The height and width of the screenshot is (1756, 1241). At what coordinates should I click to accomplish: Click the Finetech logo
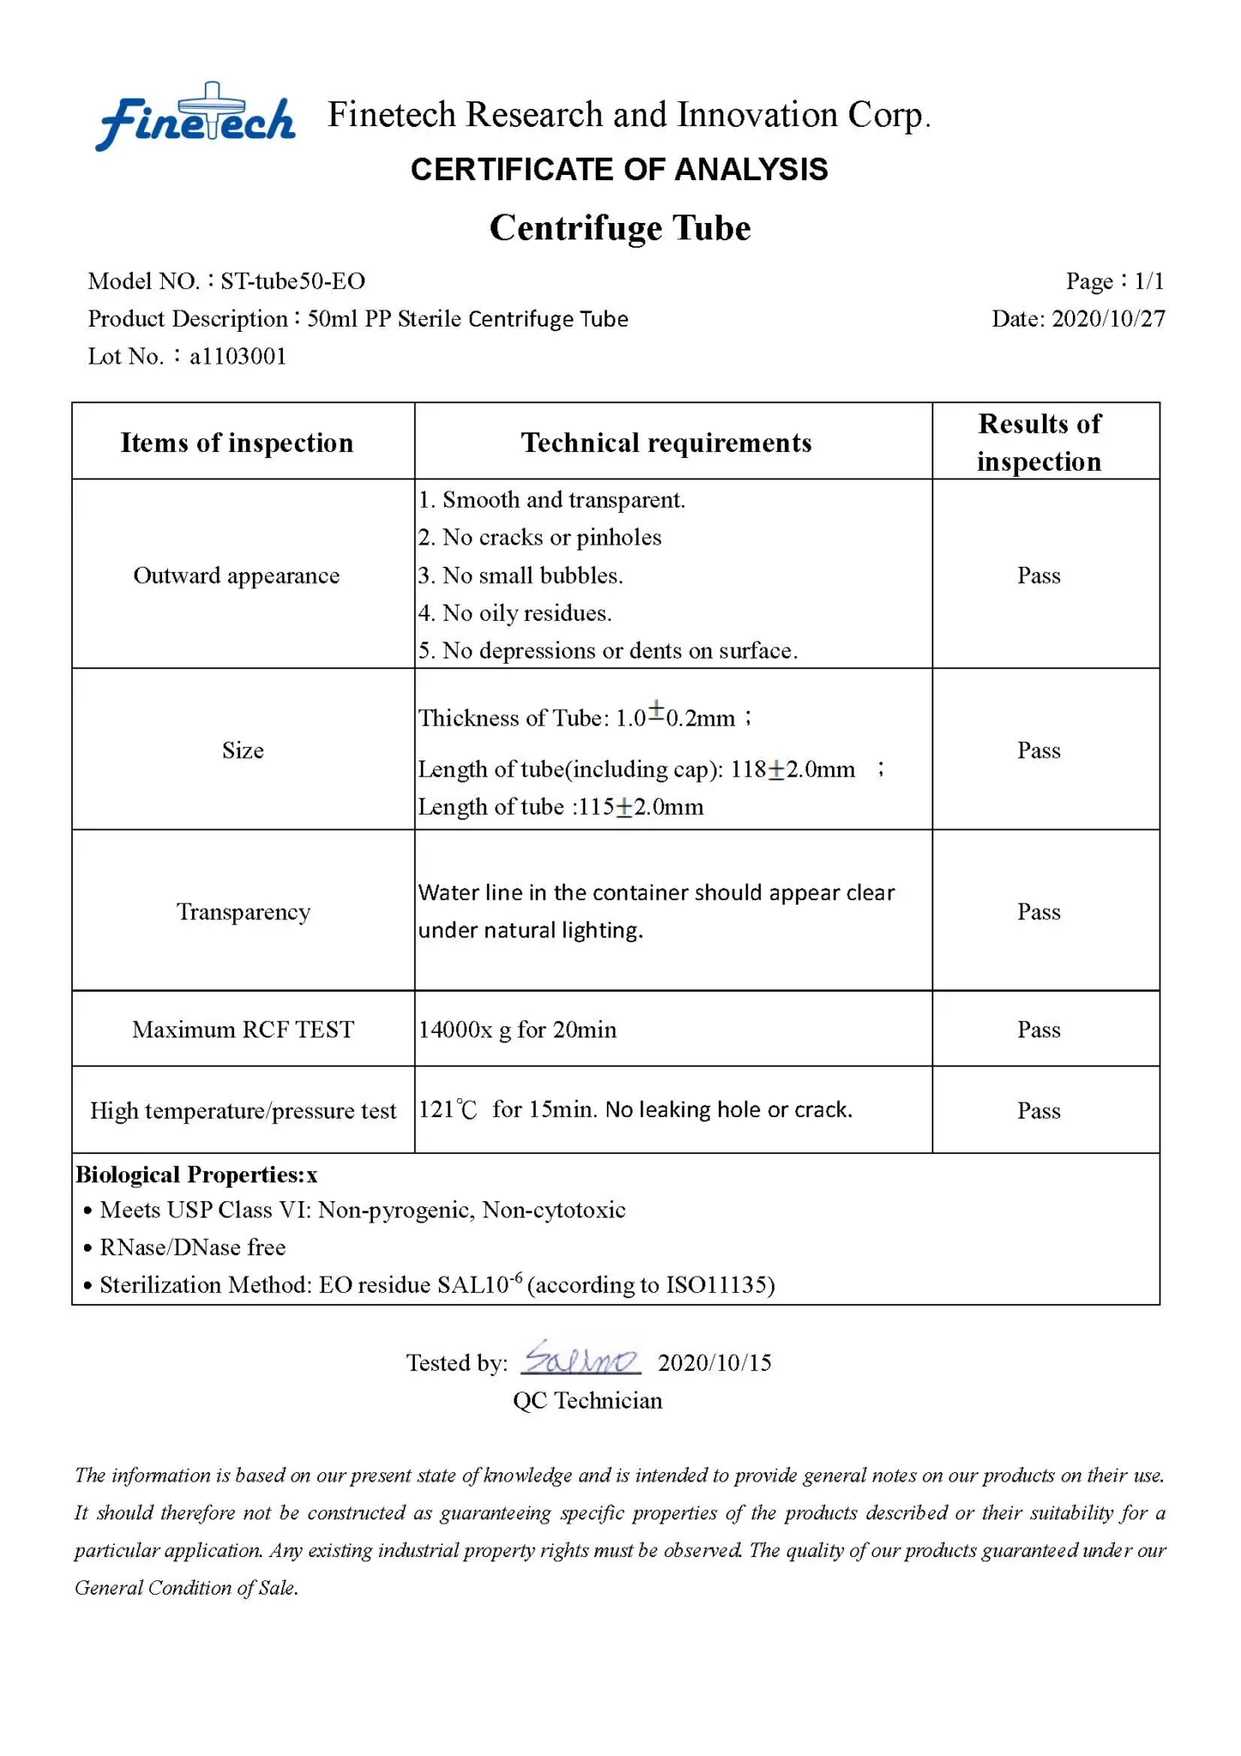coord(195,118)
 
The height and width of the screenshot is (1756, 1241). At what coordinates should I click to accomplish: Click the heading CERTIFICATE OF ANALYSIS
coord(619,170)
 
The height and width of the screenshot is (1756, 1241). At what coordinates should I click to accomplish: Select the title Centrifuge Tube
coord(620,228)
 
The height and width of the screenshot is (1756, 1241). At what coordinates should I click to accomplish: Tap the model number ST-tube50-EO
coord(292,281)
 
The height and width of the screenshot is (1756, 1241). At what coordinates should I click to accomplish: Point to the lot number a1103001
coord(237,357)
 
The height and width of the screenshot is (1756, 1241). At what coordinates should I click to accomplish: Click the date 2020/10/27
coord(1107,319)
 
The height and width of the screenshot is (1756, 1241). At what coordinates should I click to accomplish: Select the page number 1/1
coord(1148,281)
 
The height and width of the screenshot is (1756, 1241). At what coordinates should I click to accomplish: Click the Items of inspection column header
coord(237,442)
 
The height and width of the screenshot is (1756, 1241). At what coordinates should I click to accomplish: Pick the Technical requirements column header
coord(666,442)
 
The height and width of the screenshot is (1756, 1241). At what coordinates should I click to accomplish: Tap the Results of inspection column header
coord(1039,442)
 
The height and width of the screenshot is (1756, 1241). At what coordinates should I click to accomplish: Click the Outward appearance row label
coord(237,575)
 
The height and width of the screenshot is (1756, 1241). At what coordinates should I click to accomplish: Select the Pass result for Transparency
coord(1039,911)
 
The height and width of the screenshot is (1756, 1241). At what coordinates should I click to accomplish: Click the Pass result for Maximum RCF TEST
coord(1039,1030)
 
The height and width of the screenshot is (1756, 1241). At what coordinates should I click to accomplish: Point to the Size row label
coord(243,751)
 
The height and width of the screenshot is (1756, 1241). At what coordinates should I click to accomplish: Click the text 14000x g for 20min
coord(518,1030)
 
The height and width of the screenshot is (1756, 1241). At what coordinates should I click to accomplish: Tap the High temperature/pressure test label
coord(243,1111)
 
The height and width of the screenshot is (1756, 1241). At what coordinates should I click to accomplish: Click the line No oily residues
coord(515,614)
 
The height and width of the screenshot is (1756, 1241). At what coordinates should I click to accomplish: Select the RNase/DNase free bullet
coord(192,1248)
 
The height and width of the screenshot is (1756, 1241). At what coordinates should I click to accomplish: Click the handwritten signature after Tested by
coord(580,1359)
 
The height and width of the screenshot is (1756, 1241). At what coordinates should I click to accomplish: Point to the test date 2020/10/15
coord(715,1363)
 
